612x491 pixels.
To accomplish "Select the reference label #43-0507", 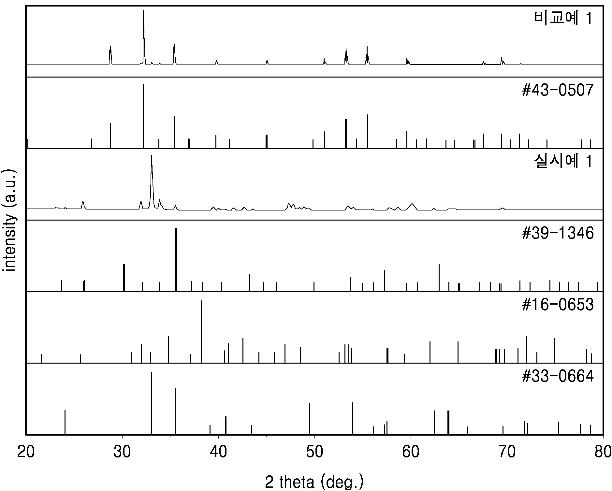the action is point(558,90).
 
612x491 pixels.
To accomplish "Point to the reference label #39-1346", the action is point(558,233).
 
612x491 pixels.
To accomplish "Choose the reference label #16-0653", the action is point(558,305).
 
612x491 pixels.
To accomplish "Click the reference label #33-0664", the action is point(558,377).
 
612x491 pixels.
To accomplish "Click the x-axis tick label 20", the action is point(26,453).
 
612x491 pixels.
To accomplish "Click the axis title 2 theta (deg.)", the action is point(314,482).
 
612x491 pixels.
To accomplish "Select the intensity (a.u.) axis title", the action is point(9,220).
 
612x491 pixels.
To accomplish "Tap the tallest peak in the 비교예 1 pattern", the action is point(143,11).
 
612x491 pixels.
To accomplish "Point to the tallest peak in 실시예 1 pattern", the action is point(152,156).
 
